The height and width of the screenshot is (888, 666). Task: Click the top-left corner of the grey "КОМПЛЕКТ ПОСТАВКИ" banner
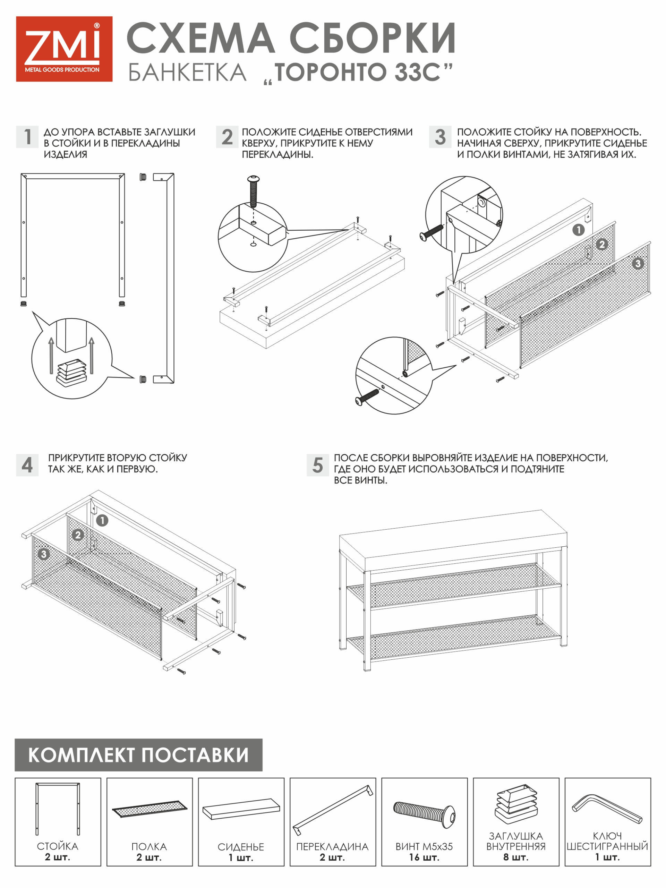15,738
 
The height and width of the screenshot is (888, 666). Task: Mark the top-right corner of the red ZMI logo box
112,16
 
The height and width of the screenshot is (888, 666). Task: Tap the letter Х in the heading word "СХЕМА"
171,38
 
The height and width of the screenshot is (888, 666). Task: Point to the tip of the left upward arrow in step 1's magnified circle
51,338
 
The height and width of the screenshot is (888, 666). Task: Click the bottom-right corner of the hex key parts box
651,866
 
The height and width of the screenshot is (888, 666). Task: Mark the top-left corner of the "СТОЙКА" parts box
15,778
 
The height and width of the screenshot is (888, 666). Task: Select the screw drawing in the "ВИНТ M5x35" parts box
424,813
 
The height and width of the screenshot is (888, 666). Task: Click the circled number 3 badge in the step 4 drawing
43,554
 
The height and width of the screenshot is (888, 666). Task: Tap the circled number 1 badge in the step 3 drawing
578,230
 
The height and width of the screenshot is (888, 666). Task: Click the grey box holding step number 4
27,465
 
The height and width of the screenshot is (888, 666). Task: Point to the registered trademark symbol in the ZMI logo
97,26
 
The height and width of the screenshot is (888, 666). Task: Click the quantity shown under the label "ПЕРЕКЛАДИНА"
332,857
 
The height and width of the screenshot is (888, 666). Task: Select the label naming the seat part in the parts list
241,847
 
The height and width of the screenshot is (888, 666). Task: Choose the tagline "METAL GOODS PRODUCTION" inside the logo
62,70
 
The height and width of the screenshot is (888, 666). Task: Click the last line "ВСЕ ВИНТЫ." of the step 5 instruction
360,480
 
